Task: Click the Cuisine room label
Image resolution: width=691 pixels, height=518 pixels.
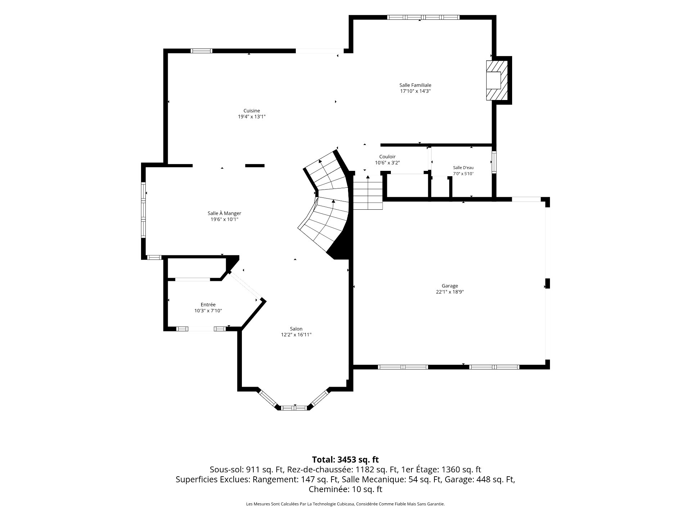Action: click(x=252, y=111)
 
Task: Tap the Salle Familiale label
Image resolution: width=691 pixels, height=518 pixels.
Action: click(x=415, y=85)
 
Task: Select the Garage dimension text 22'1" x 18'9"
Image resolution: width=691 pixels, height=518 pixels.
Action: click(x=450, y=292)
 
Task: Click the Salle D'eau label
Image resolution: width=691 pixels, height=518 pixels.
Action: click(x=463, y=168)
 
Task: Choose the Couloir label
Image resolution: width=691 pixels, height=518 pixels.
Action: click(x=387, y=157)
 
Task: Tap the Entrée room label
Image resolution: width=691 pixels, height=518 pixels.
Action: click(x=208, y=305)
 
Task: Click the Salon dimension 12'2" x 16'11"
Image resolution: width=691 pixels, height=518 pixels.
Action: click(x=296, y=335)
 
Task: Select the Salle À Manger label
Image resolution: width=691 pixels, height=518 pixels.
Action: click(x=224, y=213)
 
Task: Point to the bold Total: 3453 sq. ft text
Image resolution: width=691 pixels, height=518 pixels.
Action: click(x=345, y=459)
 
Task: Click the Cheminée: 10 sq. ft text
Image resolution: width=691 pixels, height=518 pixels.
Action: click(x=345, y=489)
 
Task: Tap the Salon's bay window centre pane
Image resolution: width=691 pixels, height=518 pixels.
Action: click(x=294, y=408)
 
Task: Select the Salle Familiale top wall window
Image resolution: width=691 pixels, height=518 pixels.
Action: click(x=423, y=17)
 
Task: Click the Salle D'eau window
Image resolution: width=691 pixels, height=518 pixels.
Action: click(x=494, y=163)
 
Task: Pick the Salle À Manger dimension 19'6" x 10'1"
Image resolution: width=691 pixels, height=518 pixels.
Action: click(x=224, y=219)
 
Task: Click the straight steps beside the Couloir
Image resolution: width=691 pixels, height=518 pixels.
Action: click(x=367, y=192)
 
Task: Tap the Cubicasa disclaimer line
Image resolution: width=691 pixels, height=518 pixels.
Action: click(x=345, y=504)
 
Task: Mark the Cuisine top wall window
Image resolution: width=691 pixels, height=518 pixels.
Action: click(x=201, y=51)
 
